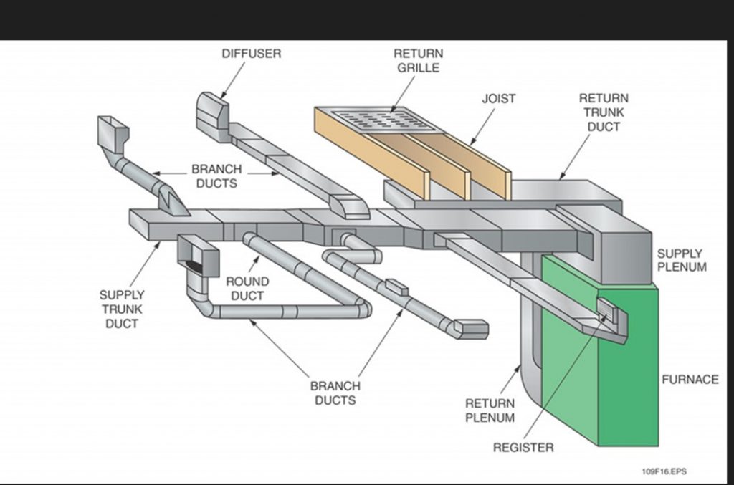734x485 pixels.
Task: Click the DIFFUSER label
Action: click(x=251, y=54)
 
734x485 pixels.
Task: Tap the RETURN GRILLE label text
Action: click(x=418, y=61)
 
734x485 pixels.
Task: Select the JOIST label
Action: click(x=498, y=99)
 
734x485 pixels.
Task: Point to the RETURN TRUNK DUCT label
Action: click(x=604, y=112)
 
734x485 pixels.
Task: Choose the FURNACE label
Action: click(x=690, y=380)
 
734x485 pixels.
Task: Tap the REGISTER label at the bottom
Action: click(x=523, y=448)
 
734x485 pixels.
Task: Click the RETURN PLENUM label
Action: click(x=490, y=410)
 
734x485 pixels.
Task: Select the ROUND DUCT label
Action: click(x=247, y=289)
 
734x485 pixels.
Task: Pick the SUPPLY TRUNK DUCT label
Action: click(x=122, y=309)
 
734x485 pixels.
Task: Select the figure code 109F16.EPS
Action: click(x=664, y=471)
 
